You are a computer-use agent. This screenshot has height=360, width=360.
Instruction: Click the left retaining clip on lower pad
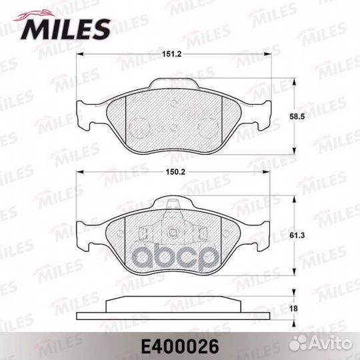(x=143, y=234)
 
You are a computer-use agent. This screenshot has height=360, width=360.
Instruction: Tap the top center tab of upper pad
(x=175, y=84)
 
